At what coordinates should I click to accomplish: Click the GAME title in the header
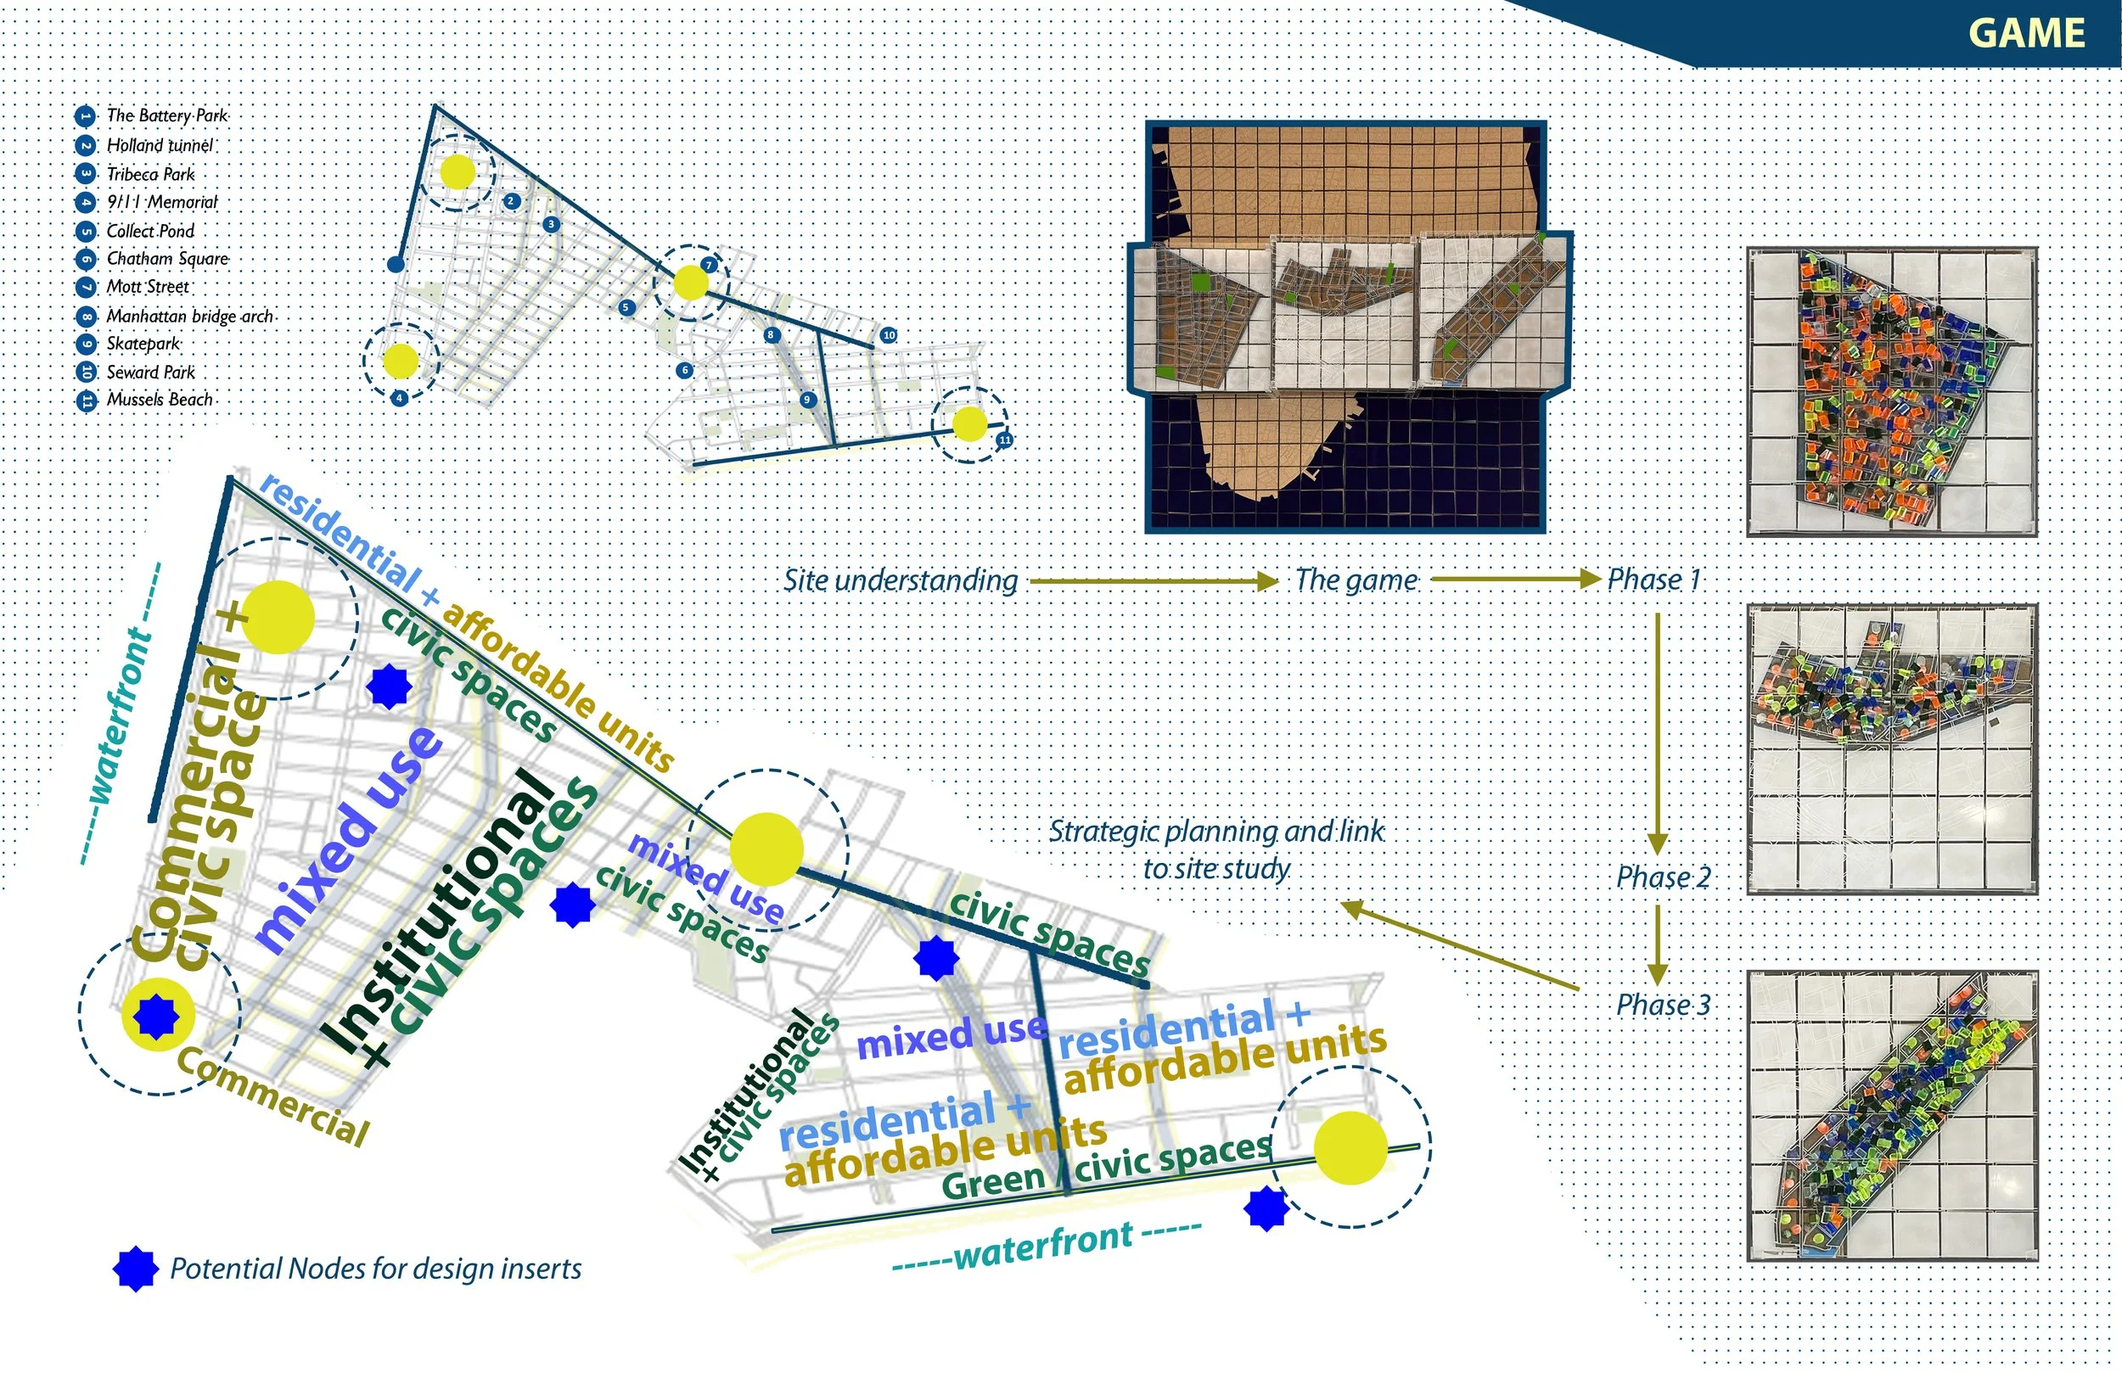[x=2026, y=34]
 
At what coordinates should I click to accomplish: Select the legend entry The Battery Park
[x=166, y=116]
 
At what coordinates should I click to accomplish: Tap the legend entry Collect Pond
[x=149, y=232]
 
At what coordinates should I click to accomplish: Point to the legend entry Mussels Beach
[x=160, y=400]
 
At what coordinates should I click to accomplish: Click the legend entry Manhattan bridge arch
[x=189, y=317]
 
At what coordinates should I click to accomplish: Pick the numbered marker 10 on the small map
[x=888, y=335]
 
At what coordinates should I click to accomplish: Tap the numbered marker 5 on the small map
[x=626, y=307]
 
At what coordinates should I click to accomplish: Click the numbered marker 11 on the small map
[x=1005, y=440]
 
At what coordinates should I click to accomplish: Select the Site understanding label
[x=901, y=581]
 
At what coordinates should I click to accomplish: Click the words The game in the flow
[x=1356, y=581]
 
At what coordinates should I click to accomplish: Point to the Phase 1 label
[x=1654, y=580]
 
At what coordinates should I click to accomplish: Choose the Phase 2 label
[x=1663, y=877]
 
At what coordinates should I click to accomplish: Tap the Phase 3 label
[x=1663, y=1006]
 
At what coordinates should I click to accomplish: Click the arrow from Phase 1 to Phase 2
[x=1658, y=731]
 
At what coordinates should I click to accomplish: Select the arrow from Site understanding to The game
[x=1154, y=581]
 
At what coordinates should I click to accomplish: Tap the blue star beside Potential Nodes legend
[x=137, y=1269]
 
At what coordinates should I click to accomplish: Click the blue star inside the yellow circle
[x=157, y=1017]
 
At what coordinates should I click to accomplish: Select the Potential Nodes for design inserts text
[x=375, y=1269]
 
